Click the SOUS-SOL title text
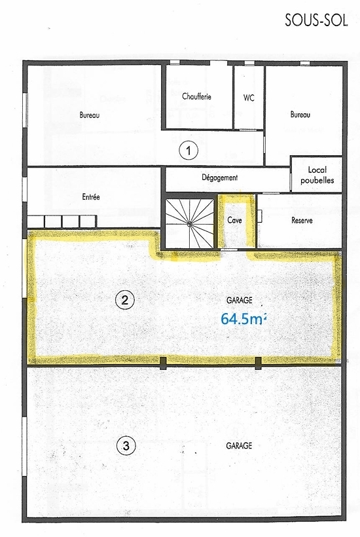click(x=316, y=20)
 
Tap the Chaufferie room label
click(x=196, y=96)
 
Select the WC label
click(x=249, y=98)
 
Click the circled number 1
click(x=189, y=151)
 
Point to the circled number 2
click(x=125, y=300)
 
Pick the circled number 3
click(x=126, y=446)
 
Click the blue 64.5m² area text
click(x=243, y=319)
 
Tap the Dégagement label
click(x=220, y=177)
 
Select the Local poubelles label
click(x=317, y=175)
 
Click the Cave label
click(x=235, y=220)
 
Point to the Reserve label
click(x=302, y=220)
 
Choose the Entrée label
click(x=91, y=197)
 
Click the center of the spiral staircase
click(x=190, y=224)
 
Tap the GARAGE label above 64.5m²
click(x=240, y=301)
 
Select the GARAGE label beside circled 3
click(x=239, y=445)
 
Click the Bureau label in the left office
click(x=90, y=115)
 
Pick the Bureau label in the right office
click(x=300, y=115)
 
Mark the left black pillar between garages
click(x=164, y=363)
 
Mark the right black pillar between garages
click(x=259, y=363)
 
